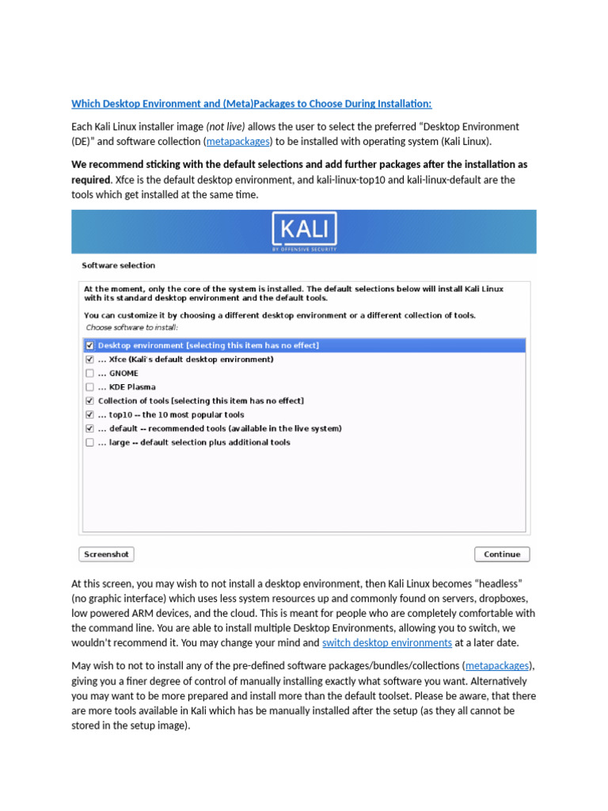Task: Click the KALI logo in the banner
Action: pos(304,231)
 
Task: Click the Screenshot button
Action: pos(106,554)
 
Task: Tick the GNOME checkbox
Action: pos(90,373)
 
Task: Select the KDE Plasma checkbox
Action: pos(90,387)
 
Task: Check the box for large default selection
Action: pos(90,443)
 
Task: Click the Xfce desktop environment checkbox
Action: pos(90,360)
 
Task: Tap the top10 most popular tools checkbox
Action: pos(90,415)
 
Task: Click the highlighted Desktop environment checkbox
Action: pos(90,346)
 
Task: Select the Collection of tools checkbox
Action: pos(90,401)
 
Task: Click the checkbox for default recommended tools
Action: pos(90,428)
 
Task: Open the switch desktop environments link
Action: pos(387,643)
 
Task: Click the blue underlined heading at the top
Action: pos(252,104)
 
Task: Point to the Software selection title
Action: pos(119,265)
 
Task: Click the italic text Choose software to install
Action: pos(131,327)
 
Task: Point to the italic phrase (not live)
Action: pos(226,127)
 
